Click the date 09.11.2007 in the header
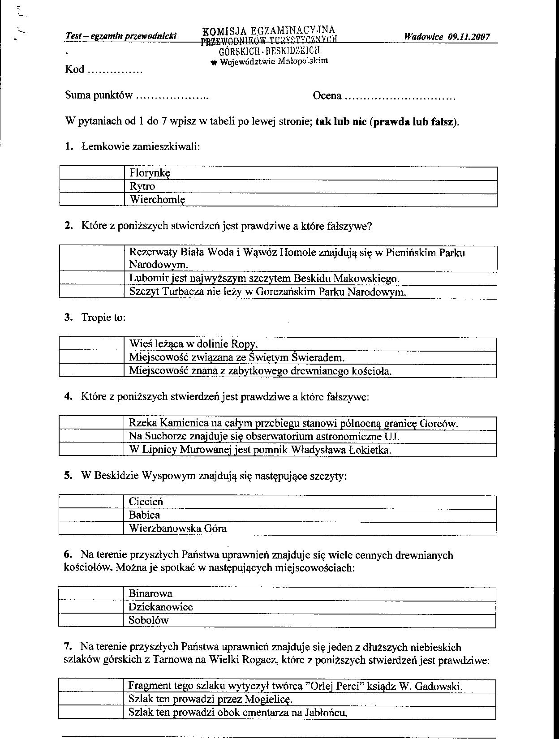pyautogui.click(x=469, y=37)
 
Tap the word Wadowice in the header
pyautogui.click(x=423, y=37)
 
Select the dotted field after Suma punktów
pyautogui.click(x=172, y=96)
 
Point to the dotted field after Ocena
pyautogui.click(x=400, y=96)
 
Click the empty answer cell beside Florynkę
pyautogui.click(x=92, y=173)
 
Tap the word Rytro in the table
pyautogui.click(x=142, y=186)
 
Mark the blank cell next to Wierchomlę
pyautogui.click(x=92, y=200)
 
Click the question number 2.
pyautogui.click(x=68, y=226)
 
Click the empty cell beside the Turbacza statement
pyautogui.click(x=91, y=292)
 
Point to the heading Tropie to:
pyautogui.click(x=103, y=318)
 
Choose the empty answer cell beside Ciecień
pyautogui.click(x=91, y=502)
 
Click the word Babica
pyautogui.click(x=144, y=515)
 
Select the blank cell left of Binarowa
pyautogui.click(x=91, y=594)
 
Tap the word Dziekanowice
pyautogui.click(x=160, y=607)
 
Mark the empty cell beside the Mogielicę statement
pyautogui.click(x=91, y=699)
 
